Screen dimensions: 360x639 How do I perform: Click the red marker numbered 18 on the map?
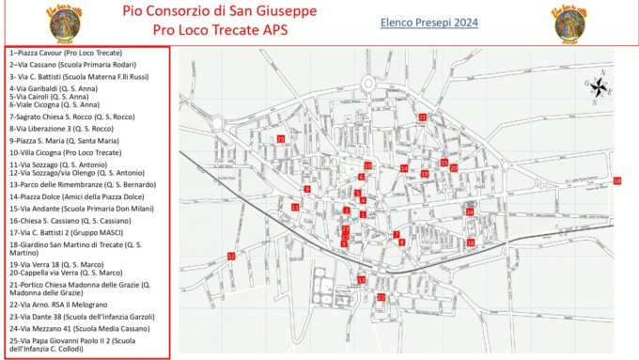click(616, 180)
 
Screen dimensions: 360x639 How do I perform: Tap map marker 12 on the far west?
click(231, 256)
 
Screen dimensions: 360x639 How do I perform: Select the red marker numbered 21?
click(423, 117)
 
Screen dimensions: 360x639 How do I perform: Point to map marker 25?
click(281, 139)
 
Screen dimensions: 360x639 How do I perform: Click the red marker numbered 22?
click(381, 297)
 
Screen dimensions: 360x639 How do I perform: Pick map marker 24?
click(469, 211)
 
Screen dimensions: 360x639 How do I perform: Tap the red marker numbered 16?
click(471, 243)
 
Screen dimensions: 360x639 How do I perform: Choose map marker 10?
click(368, 165)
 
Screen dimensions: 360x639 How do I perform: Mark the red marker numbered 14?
click(404, 168)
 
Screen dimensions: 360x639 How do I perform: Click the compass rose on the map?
click(599, 87)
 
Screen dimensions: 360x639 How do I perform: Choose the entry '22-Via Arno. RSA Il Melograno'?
click(58, 304)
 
